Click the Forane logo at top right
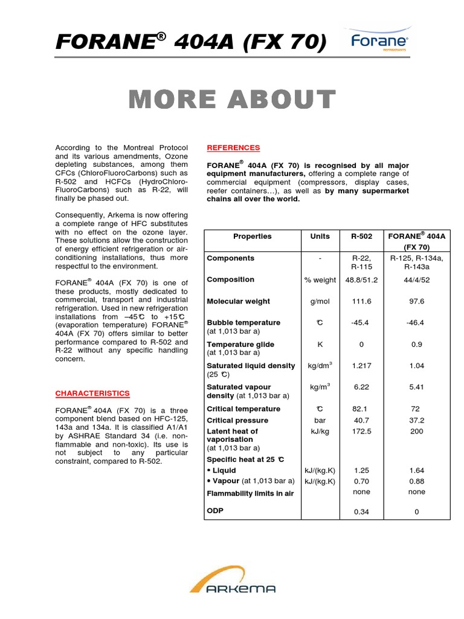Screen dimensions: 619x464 click(379, 42)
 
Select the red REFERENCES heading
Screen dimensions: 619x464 click(233, 147)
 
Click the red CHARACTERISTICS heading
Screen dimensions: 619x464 click(92, 394)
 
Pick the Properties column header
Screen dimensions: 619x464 click(252, 236)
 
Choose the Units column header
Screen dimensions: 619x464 click(320, 236)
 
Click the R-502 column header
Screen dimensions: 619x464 click(361, 236)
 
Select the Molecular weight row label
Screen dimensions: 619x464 click(237, 301)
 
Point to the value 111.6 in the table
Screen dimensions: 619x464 click(361, 301)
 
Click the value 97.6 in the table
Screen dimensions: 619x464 click(417, 301)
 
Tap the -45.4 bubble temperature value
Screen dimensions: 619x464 click(361, 323)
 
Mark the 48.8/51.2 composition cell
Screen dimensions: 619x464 click(361, 280)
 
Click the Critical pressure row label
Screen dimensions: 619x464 click(237, 420)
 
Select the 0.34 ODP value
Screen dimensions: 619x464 click(361, 512)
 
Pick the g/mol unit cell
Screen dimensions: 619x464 click(320, 301)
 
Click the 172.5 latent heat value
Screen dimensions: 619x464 click(361, 431)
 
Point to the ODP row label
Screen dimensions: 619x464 click(215, 511)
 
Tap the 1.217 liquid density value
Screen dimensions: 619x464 click(361, 366)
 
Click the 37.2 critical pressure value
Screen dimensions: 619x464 click(417, 420)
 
